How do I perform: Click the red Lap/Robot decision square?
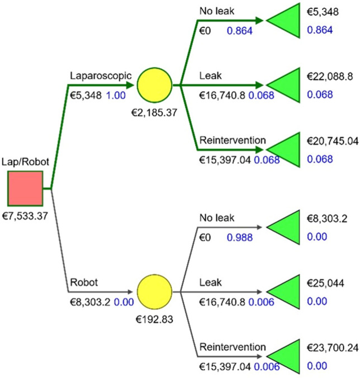coord(25,189)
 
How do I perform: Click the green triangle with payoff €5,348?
coord(286,20)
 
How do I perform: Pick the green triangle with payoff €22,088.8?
coord(286,85)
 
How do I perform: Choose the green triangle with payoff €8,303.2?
coord(286,227)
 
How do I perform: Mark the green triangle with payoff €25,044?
coord(286,291)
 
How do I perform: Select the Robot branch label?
coord(82,283)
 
